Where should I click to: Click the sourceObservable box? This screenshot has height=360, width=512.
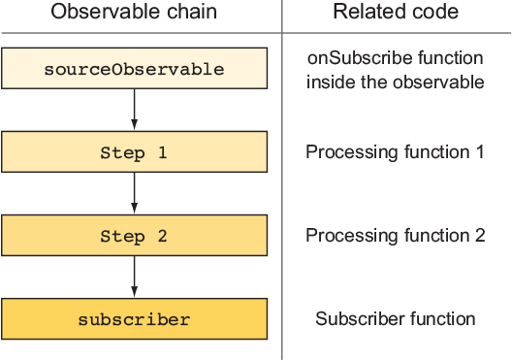click(134, 68)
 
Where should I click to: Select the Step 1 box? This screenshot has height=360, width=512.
click(134, 152)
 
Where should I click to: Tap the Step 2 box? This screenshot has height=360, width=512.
click(134, 235)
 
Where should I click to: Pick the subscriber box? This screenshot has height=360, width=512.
click(134, 319)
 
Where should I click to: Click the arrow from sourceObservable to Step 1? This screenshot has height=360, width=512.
click(134, 110)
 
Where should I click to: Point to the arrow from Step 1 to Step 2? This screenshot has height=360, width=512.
click(134, 193)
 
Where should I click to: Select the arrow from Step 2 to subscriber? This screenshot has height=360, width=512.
click(134, 277)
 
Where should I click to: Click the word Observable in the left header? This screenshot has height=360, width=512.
click(106, 12)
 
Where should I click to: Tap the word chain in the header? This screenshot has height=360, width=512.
click(192, 12)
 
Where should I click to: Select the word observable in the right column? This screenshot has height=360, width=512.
click(438, 82)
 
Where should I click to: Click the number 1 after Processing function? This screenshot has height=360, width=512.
click(479, 152)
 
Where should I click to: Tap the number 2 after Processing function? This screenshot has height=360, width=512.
click(480, 235)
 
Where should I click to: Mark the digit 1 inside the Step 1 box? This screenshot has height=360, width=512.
click(162, 152)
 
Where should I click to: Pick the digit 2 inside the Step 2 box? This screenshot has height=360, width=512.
click(162, 236)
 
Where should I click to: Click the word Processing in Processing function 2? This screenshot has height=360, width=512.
click(352, 236)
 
